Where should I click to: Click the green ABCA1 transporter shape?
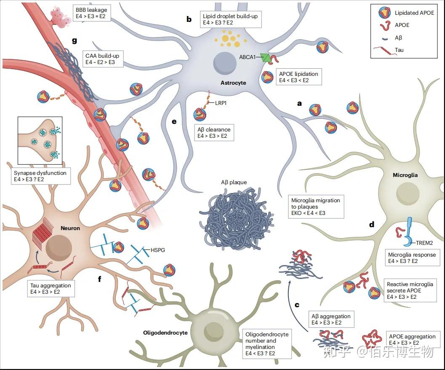point(266,58)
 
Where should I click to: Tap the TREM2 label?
point(424,243)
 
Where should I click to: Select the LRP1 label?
point(221,103)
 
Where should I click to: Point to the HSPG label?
point(157,250)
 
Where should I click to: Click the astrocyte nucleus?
point(225,63)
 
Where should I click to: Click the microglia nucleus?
point(408,194)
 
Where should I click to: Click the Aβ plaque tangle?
point(236,218)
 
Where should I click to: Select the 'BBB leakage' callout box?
point(91,13)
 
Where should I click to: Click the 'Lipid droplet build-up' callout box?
point(230,19)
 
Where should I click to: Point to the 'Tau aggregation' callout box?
point(51,289)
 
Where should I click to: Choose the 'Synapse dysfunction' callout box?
point(40,176)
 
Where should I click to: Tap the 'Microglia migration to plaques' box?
point(316,206)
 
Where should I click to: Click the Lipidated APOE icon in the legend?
point(384,13)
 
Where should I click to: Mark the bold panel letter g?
point(75,40)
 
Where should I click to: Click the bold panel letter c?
point(297,305)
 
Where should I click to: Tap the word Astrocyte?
point(233,83)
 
